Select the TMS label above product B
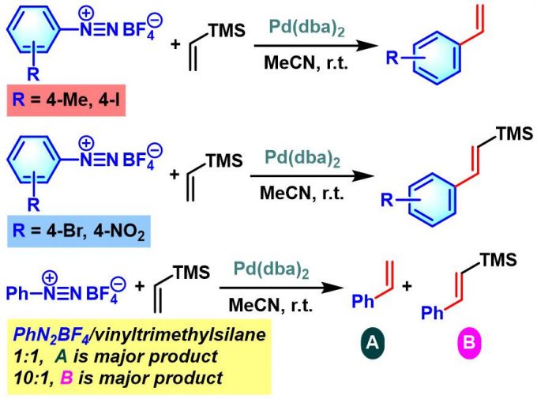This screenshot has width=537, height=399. [497, 261]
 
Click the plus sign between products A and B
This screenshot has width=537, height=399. [408, 286]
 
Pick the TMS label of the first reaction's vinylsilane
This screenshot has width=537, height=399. [224, 30]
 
